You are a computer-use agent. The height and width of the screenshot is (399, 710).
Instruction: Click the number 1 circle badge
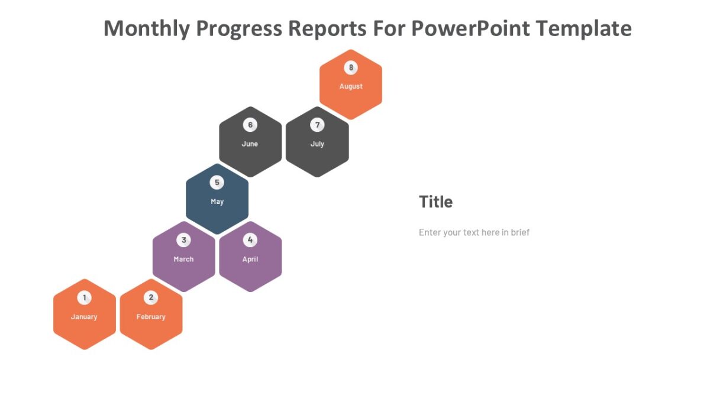click(x=85, y=298)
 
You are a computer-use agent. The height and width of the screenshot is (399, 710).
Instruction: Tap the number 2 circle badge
click(x=151, y=298)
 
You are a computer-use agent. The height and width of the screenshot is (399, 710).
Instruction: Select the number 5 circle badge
click(x=217, y=183)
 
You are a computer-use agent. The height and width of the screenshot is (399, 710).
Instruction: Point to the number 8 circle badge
click(x=351, y=67)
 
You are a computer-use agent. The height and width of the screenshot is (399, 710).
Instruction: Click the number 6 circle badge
click(x=250, y=125)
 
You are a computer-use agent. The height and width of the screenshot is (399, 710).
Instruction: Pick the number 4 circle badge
click(x=250, y=240)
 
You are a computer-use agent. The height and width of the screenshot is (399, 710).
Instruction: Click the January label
click(x=84, y=317)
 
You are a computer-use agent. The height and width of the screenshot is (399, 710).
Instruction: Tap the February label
click(x=151, y=317)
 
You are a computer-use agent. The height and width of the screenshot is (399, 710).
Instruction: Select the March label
click(x=183, y=259)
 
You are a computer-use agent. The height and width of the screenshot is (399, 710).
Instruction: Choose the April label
click(x=250, y=259)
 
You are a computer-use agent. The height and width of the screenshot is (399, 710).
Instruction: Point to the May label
click(x=217, y=202)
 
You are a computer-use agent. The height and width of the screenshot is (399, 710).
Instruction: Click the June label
click(x=250, y=144)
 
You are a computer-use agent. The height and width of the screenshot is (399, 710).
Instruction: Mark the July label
click(x=317, y=144)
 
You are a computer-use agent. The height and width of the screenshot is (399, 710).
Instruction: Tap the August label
click(x=351, y=86)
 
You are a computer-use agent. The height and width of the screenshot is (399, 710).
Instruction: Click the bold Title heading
click(x=436, y=202)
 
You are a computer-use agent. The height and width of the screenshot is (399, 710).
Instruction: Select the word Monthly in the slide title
click(x=147, y=28)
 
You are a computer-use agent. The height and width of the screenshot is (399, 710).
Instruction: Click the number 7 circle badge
click(x=317, y=125)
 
